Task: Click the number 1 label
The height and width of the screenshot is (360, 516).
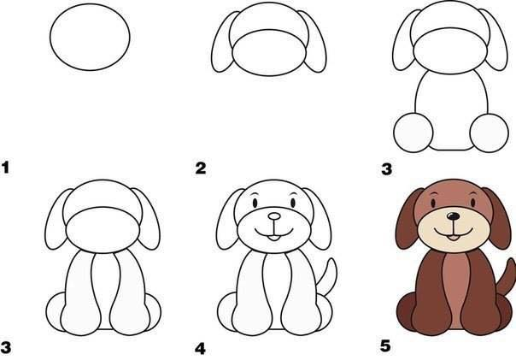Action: [x=6, y=168]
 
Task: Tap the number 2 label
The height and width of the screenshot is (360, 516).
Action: [x=201, y=168]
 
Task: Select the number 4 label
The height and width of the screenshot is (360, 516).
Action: [x=200, y=349]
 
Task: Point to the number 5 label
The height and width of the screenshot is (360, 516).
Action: [x=385, y=346]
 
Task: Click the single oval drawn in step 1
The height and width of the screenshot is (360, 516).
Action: [x=50, y=37]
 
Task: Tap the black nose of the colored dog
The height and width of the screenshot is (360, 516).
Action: [x=454, y=216]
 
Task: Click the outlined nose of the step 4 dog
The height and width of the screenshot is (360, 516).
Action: [x=274, y=216]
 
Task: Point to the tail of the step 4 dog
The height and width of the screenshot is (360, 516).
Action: [x=328, y=277]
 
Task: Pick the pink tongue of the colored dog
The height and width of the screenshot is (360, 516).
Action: [x=454, y=238]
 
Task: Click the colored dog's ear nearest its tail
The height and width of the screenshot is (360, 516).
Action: [x=498, y=218]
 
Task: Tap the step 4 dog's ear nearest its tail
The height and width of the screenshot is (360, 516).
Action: [x=318, y=218]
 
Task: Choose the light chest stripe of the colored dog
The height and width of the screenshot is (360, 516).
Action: [x=456, y=290]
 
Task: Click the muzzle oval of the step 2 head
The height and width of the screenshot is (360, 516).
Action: [x=269, y=53]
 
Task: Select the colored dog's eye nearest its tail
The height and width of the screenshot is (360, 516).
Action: [x=473, y=203]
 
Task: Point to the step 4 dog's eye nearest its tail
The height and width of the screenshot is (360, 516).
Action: [x=293, y=203]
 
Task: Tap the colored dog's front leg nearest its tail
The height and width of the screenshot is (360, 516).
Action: [x=479, y=294]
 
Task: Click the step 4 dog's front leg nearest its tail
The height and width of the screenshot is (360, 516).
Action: [x=300, y=294]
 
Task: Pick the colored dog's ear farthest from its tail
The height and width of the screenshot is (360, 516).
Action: [x=408, y=218]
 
